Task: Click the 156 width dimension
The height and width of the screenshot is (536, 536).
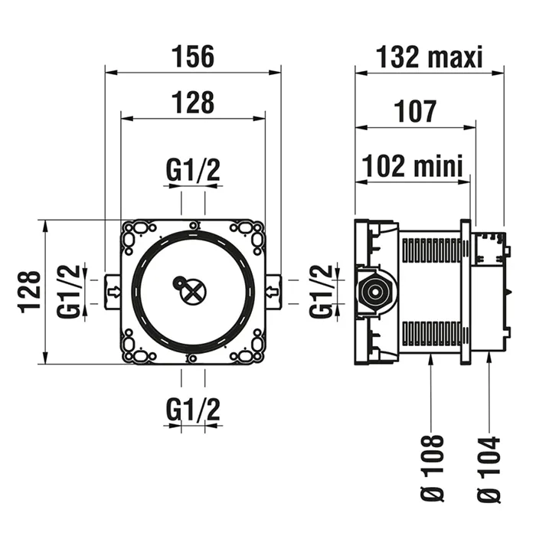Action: (193, 57)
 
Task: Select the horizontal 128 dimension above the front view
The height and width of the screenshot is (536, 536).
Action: (193, 102)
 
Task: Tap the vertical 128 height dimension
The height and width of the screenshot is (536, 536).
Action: (29, 291)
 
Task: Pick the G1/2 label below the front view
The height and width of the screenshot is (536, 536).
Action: (193, 411)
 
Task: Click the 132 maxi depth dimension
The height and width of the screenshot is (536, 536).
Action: (430, 57)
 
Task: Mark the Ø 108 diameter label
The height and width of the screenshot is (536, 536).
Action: (433, 469)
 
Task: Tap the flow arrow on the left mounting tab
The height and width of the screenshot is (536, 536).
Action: (113, 291)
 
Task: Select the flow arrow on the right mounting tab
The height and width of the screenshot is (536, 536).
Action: (272, 291)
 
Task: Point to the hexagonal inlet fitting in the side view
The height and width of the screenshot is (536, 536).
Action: (374, 292)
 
